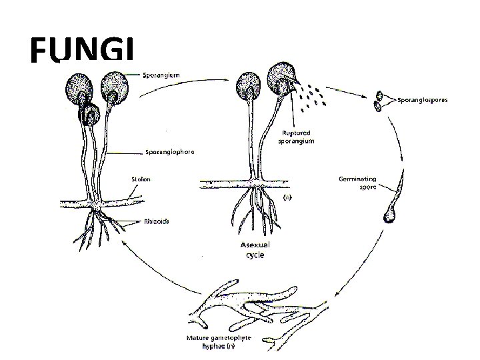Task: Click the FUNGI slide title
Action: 83,51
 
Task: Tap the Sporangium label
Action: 163,77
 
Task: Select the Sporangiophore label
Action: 170,152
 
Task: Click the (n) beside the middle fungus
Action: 287,197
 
